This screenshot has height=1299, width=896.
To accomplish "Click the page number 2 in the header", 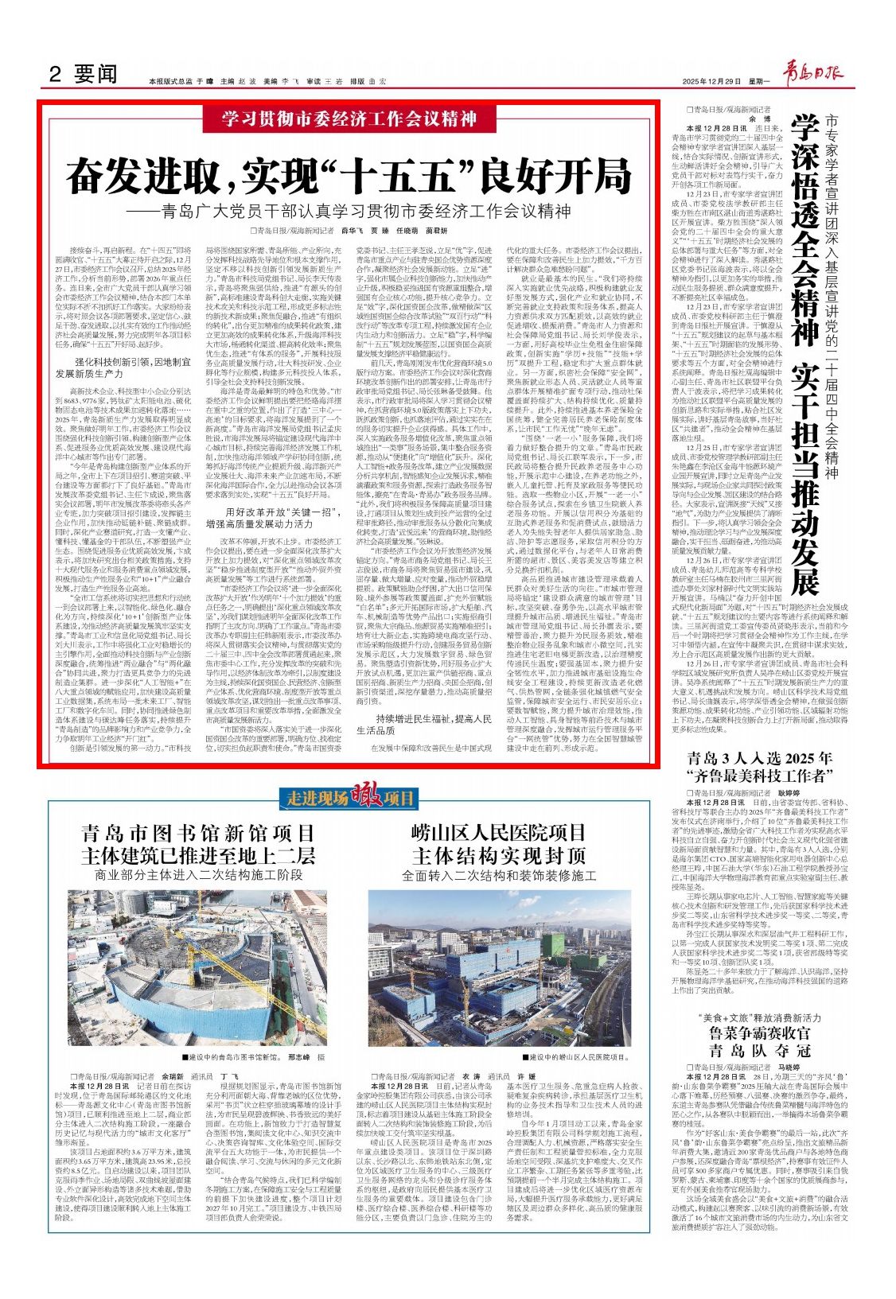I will click(55, 75).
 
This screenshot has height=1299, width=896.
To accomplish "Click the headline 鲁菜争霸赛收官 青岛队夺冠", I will click(753, 1043).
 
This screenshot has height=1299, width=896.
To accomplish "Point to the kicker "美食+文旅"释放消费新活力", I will click(753, 1018).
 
